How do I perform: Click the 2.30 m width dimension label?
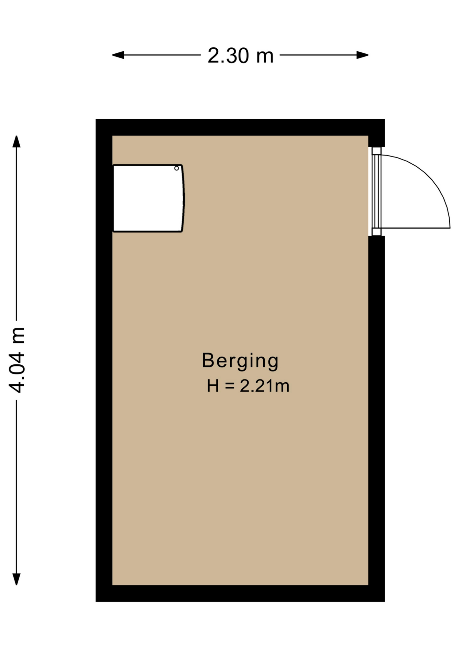coord(240,55)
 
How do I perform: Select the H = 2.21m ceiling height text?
coord(248,386)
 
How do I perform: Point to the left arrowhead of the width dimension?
coord(118,55)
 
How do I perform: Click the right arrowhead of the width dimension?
coord(362,55)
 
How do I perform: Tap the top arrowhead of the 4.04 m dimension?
coord(17,141)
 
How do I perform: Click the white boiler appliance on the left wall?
coord(148,198)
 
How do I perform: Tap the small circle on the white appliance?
coord(176,168)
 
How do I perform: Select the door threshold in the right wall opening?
coord(376,191)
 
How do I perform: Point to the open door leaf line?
coord(416,228)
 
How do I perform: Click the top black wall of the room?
coord(240,127)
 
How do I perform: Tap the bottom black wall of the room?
coord(240,593)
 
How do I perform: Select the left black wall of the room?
coord(104,360)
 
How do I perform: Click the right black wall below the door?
coord(377,411)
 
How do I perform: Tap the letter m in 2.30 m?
coord(265,57)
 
